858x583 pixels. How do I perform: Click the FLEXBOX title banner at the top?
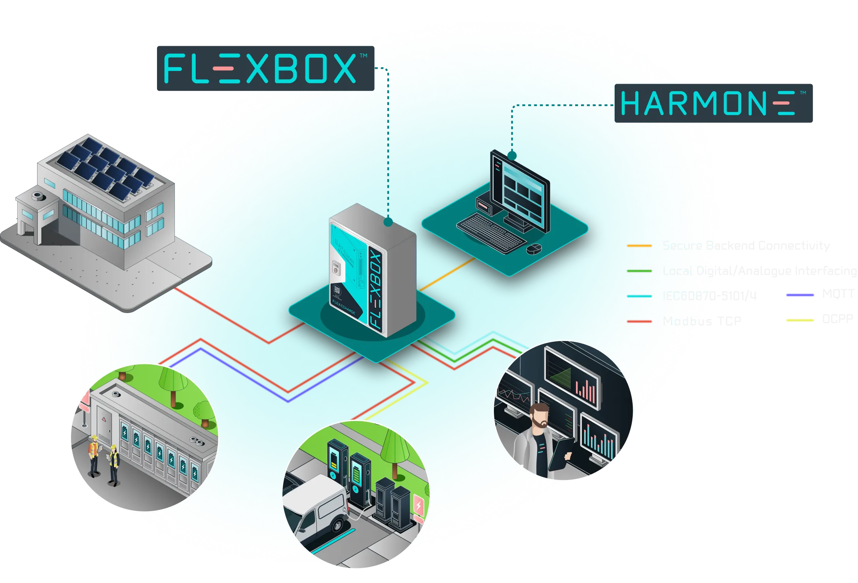click(264, 68)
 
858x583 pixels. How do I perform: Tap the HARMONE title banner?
click(714, 103)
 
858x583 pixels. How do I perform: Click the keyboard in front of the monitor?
click(491, 233)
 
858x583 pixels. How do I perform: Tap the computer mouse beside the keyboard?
click(534, 248)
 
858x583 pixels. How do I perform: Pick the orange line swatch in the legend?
click(639, 246)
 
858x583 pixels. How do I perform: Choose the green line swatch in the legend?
click(639, 271)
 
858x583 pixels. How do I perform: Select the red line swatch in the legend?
click(639, 322)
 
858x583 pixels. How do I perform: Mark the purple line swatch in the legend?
click(800, 295)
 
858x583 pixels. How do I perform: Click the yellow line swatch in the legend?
click(800, 321)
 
